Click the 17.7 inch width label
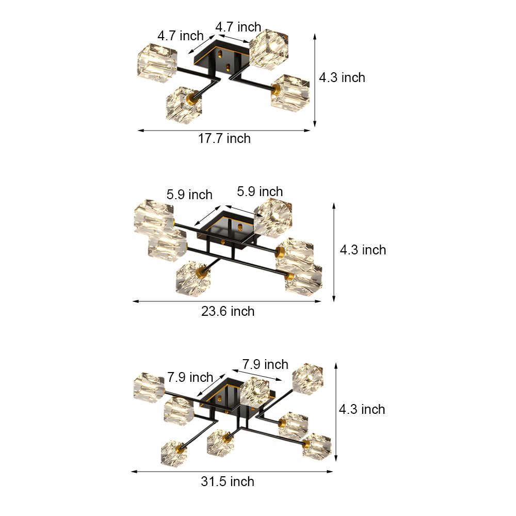pyautogui.click(x=224, y=138)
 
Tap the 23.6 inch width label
pyautogui.click(x=228, y=311)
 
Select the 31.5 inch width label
pyautogui.click(x=228, y=481)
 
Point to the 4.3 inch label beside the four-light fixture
pyautogui.click(x=342, y=77)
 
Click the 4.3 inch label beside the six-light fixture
pyautogui.click(x=363, y=250)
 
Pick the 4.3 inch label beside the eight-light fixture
pyautogui.click(x=362, y=409)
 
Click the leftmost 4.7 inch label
pyautogui.click(x=181, y=36)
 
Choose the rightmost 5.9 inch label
pyautogui.click(x=260, y=191)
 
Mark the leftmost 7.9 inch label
pyautogui.click(x=190, y=377)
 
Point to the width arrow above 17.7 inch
pyautogui.click(x=224, y=131)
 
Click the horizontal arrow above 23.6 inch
pyautogui.click(x=227, y=301)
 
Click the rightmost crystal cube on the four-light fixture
pyautogui.click(x=291, y=91)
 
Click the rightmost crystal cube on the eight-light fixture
pyautogui.click(x=316, y=446)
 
